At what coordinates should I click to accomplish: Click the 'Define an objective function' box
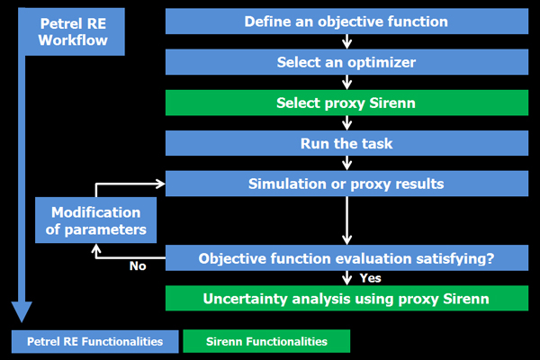pos(346,22)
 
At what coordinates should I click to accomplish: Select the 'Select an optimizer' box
pos(346,62)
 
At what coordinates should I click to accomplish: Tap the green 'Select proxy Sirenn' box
pos(346,103)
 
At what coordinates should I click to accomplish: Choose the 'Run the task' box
pos(346,143)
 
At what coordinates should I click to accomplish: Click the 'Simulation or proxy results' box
pos(346,184)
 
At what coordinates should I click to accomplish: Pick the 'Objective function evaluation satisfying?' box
pos(346,258)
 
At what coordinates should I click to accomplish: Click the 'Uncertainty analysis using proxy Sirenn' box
pos(346,298)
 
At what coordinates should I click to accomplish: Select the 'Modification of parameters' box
pos(95,220)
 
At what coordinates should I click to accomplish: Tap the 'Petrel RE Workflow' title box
pos(73,31)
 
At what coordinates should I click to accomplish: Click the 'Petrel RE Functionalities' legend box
pos(95,341)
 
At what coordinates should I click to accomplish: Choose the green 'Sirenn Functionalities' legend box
pos(266,341)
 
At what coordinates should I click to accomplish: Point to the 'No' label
pos(138,266)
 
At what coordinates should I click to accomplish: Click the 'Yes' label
pos(370,278)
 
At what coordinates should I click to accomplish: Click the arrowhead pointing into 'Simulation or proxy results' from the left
pos(161,184)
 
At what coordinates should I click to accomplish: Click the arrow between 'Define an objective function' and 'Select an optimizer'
pos(346,41)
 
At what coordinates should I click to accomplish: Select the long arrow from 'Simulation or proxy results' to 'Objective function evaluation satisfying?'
pos(346,220)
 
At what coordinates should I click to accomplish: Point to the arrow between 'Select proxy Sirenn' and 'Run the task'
pos(346,123)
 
